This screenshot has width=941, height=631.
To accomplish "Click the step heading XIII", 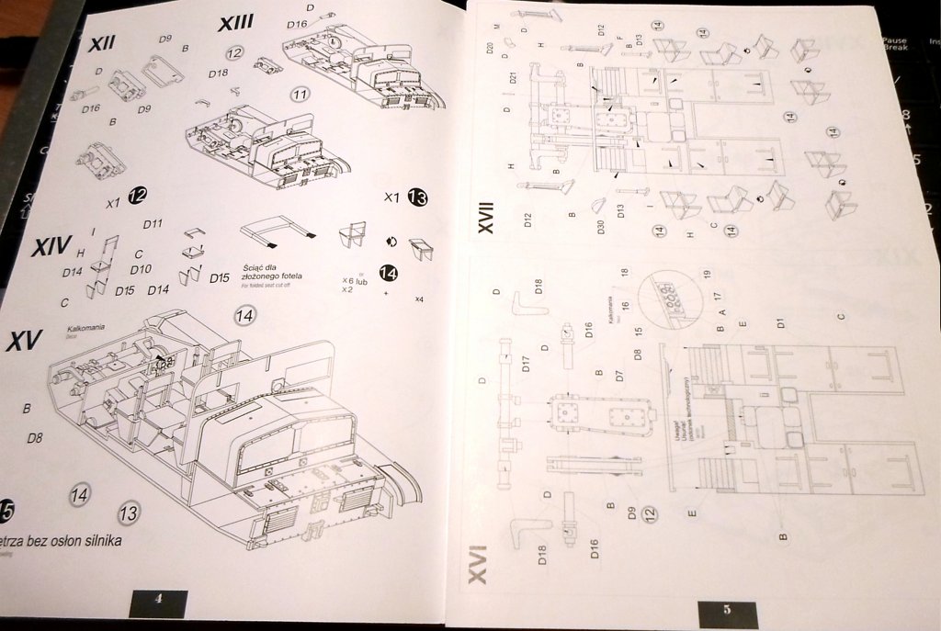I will (236, 24).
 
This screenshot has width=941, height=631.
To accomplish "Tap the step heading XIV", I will (51, 248).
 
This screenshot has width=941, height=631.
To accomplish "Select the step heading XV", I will (25, 342).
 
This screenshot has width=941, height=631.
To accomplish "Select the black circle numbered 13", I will (417, 197).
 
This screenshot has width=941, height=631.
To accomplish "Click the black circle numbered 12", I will (138, 194).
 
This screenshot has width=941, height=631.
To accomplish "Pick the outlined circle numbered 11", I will (300, 94).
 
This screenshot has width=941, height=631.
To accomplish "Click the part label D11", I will (153, 223).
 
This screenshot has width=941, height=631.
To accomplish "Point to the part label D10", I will (141, 269).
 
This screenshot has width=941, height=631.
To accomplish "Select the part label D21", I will (513, 78).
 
